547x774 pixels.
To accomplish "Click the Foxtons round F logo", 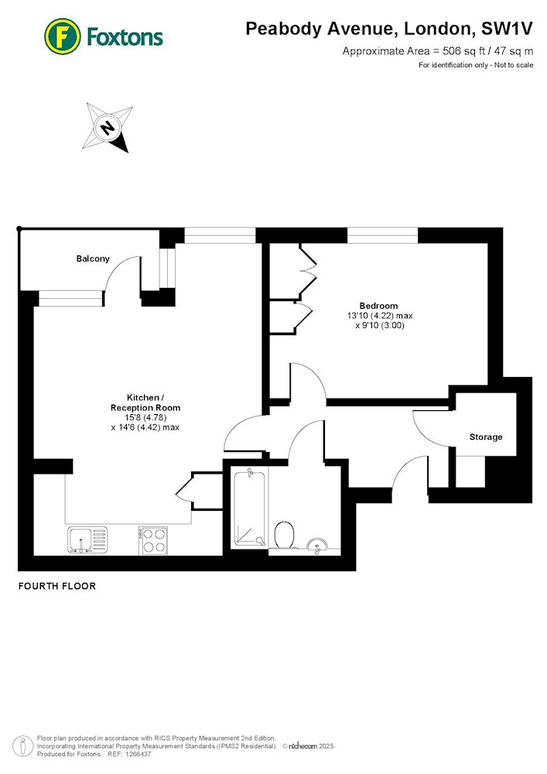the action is coord(63,36).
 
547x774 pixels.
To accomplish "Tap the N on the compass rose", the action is coord(107,128).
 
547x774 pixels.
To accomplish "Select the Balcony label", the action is coord(93,259).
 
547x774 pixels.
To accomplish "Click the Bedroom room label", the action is coord(378,306).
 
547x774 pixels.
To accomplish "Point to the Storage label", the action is coord(486,437).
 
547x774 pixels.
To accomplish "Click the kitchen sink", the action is coord(87,540).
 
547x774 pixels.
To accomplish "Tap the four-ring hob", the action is coord(153,540).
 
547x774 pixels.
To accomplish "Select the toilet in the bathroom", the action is coord(284,535).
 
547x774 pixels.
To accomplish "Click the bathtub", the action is coord(249,509).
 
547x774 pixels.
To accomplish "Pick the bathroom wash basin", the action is coord(316,544).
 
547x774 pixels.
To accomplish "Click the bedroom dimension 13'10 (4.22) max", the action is coord(380,316).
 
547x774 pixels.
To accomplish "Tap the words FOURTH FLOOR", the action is coord(57,586).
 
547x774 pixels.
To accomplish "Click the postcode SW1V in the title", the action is coord(507,29).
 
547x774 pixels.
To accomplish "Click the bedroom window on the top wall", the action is coord(382,235).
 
